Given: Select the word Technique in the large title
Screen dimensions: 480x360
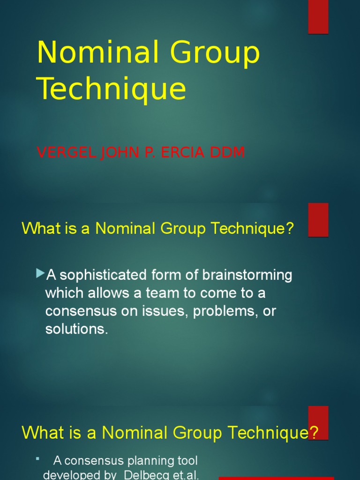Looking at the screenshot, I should click(x=112, y=89).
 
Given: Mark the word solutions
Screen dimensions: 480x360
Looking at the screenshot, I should click(x=76, y=329).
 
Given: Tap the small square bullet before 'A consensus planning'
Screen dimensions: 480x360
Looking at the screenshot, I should click(x=37, y=458).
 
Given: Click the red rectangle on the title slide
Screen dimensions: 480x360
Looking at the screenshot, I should click(x=318, y=17).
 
